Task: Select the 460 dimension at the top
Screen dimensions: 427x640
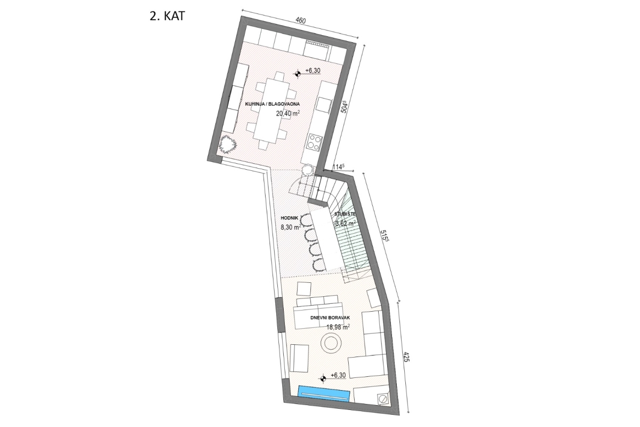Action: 300,21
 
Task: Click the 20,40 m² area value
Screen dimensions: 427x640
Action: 287,114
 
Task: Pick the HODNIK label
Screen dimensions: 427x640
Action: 290,218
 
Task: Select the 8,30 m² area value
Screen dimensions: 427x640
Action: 292,227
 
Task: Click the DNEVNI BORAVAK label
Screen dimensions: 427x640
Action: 330,318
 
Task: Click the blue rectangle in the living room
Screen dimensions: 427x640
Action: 324,393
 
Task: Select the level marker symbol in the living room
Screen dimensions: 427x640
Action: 323,378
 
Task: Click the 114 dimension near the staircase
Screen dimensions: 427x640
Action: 337,167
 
